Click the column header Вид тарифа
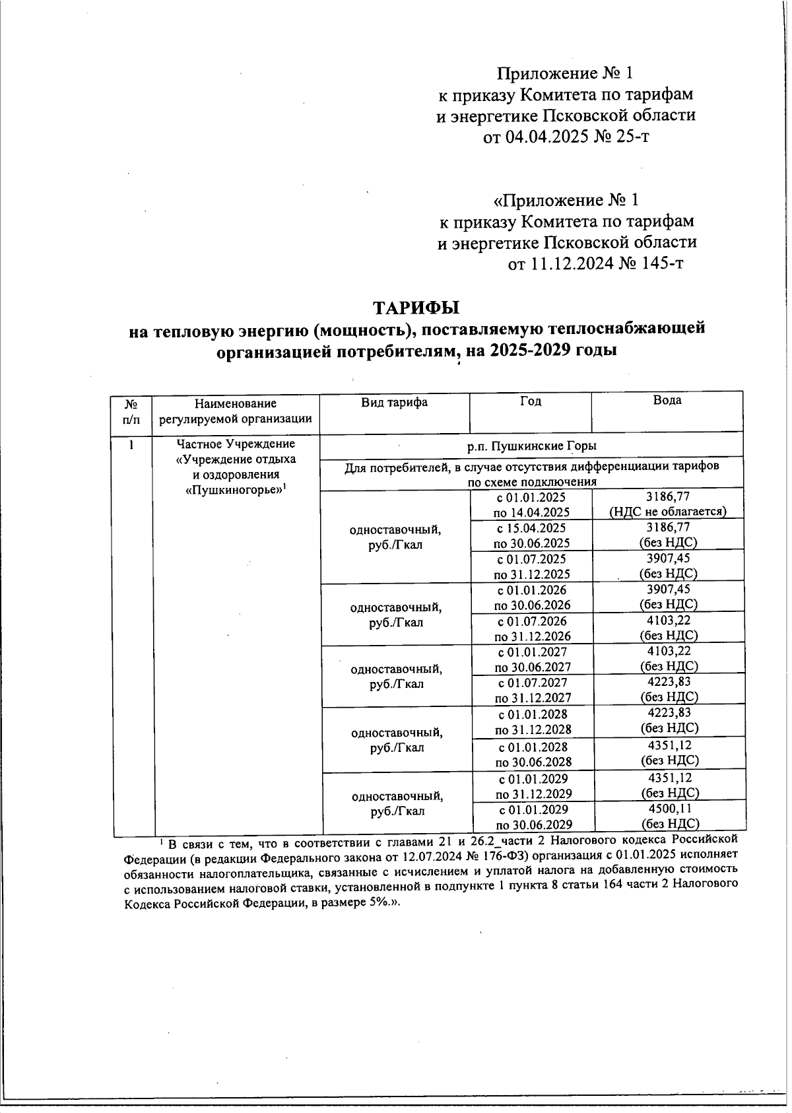click(394, 402)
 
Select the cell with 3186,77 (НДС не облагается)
click(668, 504)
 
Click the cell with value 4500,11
click(669, 808)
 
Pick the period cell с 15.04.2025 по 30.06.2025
click(531, 535)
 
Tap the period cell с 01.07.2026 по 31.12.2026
click(532, 628)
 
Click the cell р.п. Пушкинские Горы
click(531, 446)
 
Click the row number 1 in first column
click(132, 444)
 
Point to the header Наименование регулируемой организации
click(236, 411)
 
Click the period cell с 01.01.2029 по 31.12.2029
click(533, 786)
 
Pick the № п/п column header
click(131, 411)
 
